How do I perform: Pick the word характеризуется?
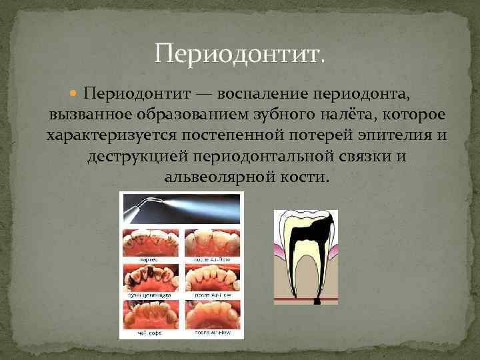click(109, 135)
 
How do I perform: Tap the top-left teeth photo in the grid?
click(150, 245)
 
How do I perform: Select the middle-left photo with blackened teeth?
click(150, 280)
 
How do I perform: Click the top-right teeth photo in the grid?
click(210, 245)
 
